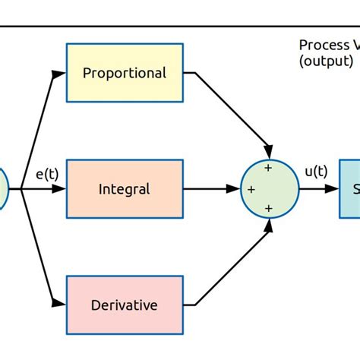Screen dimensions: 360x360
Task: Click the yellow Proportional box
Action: [125, 73]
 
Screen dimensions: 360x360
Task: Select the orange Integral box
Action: [125, 188]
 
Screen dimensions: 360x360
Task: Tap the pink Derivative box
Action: [125, 305]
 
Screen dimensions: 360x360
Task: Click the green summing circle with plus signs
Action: [270, 188]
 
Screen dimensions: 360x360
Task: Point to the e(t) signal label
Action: [48, 175]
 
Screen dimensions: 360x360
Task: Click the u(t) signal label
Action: [316, 172]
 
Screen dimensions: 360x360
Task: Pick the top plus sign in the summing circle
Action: [268, 167]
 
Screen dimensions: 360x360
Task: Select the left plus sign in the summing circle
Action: [251, 188]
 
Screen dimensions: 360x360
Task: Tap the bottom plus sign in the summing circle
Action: [268, 208]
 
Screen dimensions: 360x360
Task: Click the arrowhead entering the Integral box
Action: [59, 189]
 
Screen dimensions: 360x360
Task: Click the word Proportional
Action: [125, 73]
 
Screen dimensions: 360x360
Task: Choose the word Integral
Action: [125, 188]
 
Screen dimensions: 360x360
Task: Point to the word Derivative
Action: [125, 305]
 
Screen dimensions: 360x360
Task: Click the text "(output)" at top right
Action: [326, 61]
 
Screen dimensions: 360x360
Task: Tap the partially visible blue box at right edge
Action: [349, 188]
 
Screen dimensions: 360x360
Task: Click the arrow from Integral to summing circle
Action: [211, 188]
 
